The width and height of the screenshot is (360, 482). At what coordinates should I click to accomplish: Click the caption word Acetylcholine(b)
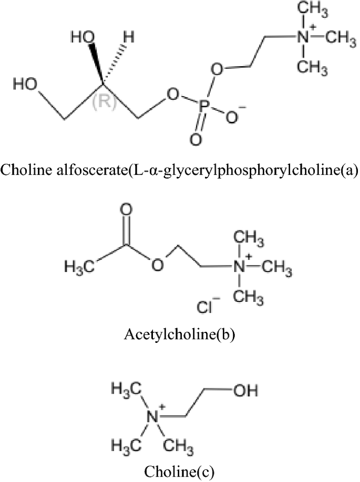[179, 334]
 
